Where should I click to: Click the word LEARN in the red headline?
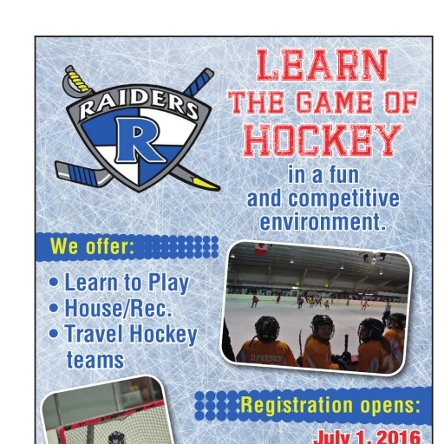click(323, 65)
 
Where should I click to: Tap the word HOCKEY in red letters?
click(323, 140)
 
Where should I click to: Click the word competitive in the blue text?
click(344, 199)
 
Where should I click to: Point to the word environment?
click(323, 222)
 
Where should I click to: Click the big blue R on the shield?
click(140, 140)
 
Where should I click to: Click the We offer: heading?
click(92, 246)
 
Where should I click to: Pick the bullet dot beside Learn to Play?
click(54, 282)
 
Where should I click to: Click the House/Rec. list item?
click(119, 308)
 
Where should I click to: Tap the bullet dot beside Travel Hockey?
click(54, 333)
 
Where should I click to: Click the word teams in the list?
click(95, 360)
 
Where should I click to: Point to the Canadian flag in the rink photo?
click(261, 249)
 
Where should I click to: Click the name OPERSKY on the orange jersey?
click(266, 358)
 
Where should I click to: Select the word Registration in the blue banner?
click(297, 405)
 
